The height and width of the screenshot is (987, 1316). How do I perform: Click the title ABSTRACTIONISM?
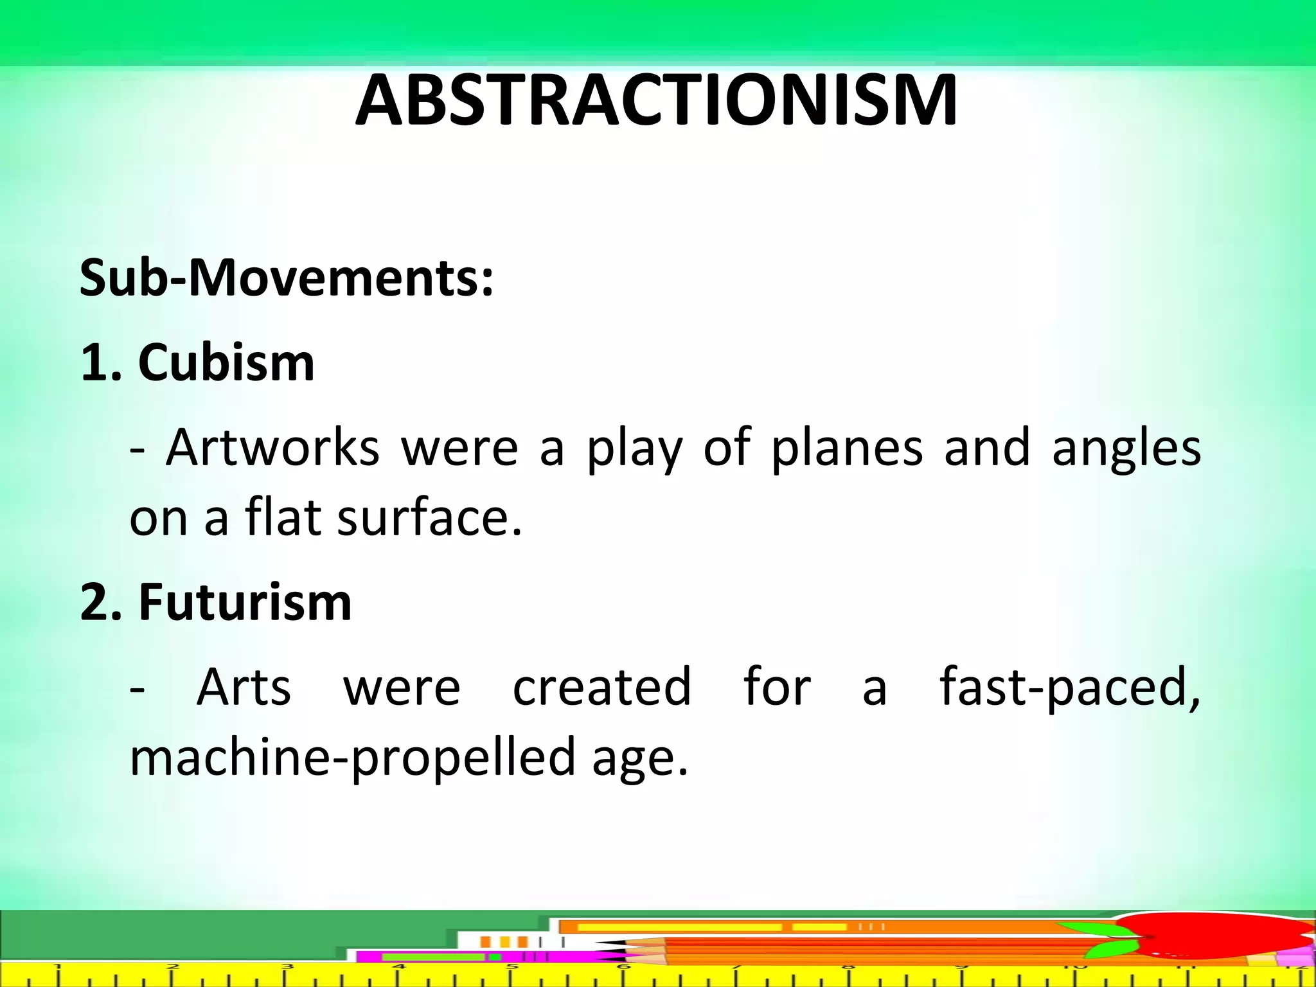click(656, 102)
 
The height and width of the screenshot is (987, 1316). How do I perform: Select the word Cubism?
click(226, 362)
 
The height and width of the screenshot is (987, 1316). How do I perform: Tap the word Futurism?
click(245, 602)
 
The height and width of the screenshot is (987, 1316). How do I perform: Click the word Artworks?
click(272, 448)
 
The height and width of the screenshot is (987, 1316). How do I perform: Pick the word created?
click(602, 687)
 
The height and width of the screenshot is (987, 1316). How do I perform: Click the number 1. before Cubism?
click(101, 362)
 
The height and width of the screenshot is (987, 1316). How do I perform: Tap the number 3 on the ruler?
click(287, 966)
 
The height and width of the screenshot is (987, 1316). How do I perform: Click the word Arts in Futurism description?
click(244, 687)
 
